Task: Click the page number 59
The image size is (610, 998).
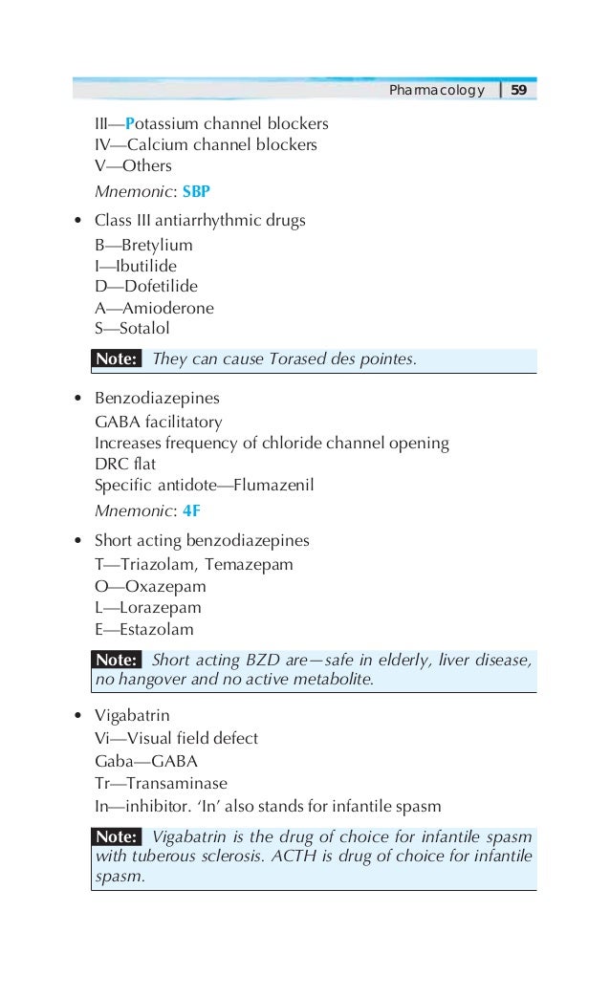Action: tap(519, 91)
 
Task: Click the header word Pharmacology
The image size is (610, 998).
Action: tap(437, 91)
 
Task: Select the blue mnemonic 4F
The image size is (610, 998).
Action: tap(191, 510)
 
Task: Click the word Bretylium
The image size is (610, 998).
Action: tap(157, 246)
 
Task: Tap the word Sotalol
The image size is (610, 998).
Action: tap(144, 329)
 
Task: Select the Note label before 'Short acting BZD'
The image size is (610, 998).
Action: tap(118, 661)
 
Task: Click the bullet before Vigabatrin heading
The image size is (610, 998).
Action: tap(76, 715)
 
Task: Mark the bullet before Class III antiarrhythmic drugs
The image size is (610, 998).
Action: tap(76, 222)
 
